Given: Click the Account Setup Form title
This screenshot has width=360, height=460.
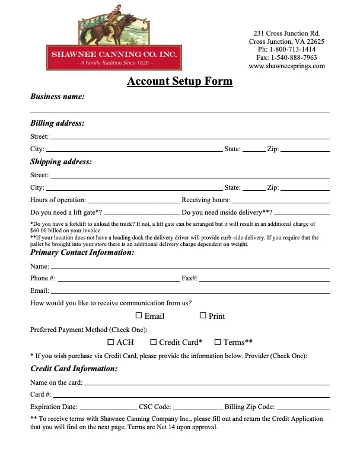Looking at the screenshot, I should [x=180, y=82].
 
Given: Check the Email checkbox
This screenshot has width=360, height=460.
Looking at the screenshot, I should [x=139, y=316].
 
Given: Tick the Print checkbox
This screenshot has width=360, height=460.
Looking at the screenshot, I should [x=203, y=316].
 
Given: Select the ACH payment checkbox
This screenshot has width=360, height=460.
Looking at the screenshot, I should [x=111, y=342].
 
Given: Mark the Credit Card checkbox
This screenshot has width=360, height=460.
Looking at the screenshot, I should [x=154, y=342].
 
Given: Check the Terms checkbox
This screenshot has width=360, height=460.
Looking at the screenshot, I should [x=218, y=342].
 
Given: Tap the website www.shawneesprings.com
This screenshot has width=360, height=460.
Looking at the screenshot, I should [x=286, y=66].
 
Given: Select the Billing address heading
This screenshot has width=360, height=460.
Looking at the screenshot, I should [x=57, y=123].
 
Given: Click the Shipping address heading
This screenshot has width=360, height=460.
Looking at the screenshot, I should [x=60, y=161].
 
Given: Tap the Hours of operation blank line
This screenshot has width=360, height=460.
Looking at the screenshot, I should [x=133, y=200].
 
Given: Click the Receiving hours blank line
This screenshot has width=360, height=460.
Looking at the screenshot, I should [x=281, y=200].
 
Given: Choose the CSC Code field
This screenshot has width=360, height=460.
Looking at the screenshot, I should [x=198, y=407].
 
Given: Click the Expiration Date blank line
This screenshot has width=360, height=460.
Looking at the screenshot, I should [x=108, y=407].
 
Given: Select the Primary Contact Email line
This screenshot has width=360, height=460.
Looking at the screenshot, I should [x=190, y=291].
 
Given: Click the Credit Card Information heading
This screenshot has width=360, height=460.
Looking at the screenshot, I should [x=74, y=369].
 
